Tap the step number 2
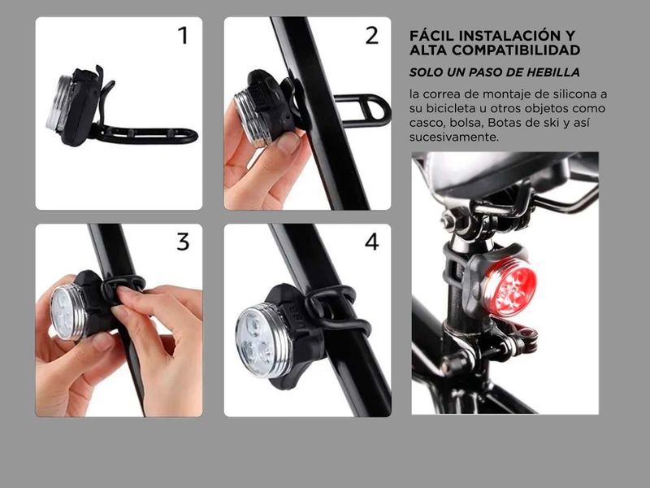[372, 35]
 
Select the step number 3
[183, 242]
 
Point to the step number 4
[372, 242]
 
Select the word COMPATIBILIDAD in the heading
[516, 50]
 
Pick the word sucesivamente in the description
[454, 137]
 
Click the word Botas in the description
[503, 123]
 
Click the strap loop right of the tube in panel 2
[363, 111]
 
